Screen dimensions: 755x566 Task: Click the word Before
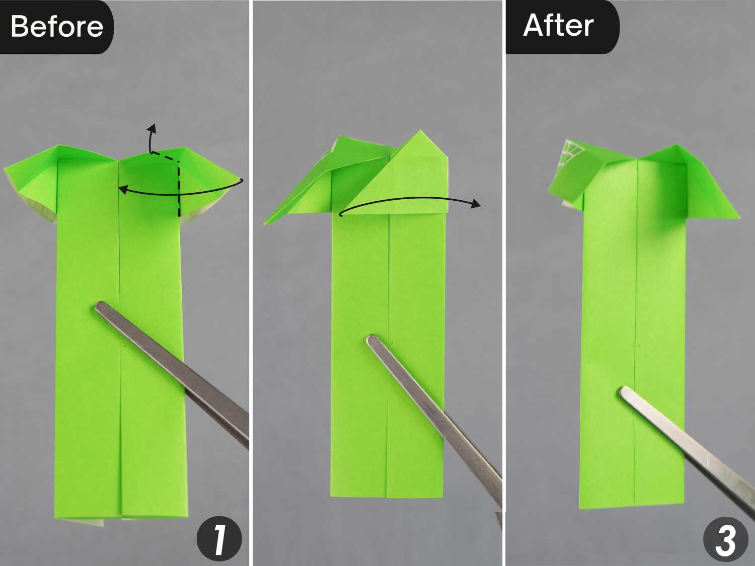click(x=57, y=27)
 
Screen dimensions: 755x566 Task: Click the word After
click(x=558, y=26)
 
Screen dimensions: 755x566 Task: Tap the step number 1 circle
click(x=219, y=538)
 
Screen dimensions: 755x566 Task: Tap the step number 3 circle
click(x=726, y=539)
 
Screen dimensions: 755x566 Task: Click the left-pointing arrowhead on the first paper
click(x=122, y=189)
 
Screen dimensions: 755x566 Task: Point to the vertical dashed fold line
click(x=179, y=189)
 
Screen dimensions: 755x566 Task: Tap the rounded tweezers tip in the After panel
click(x=624, y=392)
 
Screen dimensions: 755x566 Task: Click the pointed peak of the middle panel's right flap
click(x=420, y=131)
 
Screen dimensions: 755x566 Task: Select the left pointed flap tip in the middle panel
click(x=265, y=224)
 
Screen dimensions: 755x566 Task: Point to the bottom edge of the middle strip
click(x=387, y=497)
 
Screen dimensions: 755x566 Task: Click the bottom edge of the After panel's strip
click(x=632, y=506)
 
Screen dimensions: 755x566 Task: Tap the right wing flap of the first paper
click(x=210, y=182)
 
